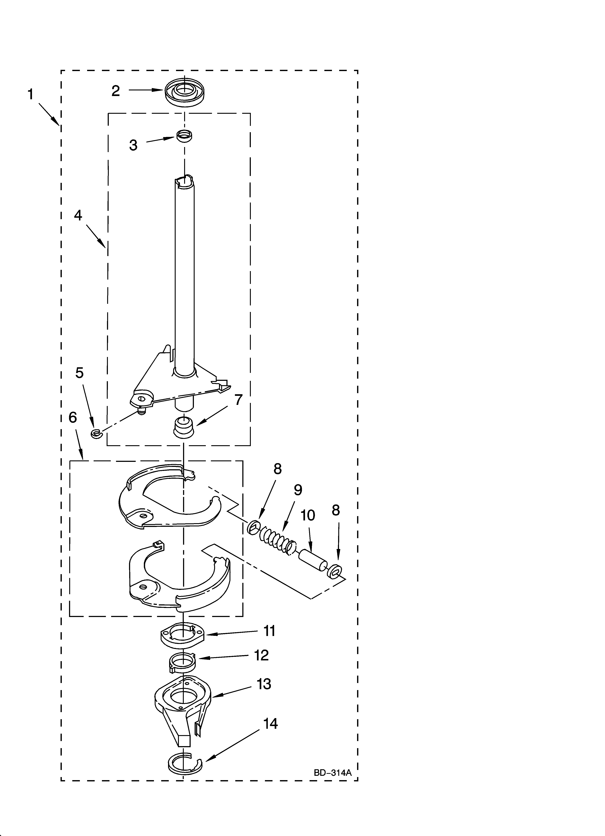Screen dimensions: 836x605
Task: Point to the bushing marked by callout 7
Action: (x=183, y=427)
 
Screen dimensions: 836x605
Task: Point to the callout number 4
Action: (x=78, y=215)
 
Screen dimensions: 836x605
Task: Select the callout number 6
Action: (x=73, y=418)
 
